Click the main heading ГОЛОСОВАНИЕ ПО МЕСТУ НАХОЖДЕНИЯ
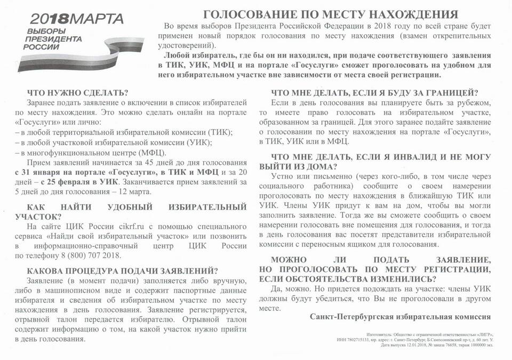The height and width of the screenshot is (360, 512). [331, 14]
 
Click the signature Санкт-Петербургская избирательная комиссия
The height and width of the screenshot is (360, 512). [400, 316]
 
